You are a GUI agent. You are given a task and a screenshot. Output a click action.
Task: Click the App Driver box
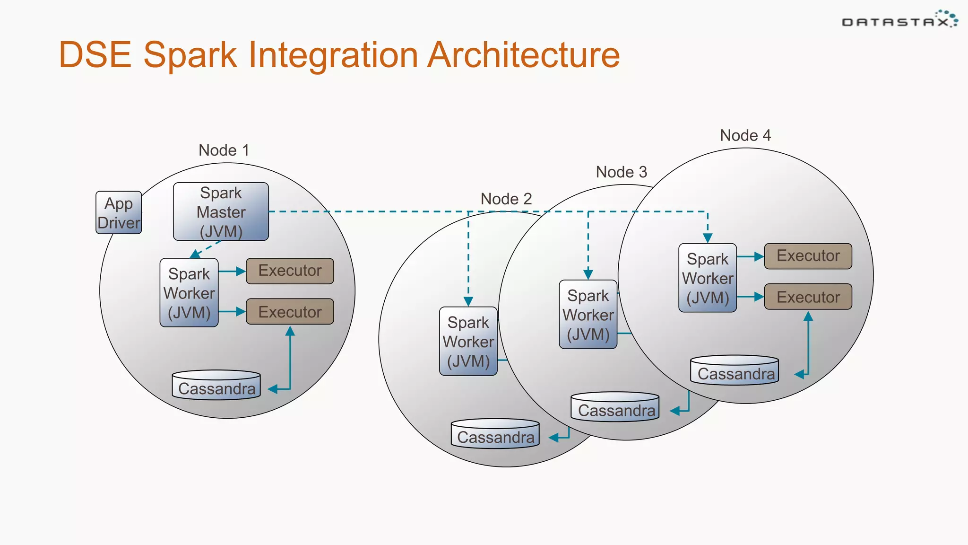[x=119, y=212]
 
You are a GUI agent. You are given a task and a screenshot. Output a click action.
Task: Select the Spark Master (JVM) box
[x=221, y=211]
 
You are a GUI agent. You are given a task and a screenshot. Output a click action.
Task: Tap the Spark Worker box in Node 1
[x=189, y=292]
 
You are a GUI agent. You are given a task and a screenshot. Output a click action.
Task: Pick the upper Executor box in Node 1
[x=290, y=271]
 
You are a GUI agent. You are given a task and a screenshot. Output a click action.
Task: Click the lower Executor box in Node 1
[x=290, y=311]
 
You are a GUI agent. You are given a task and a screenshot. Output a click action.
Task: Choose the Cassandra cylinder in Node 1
[x=216, y=386]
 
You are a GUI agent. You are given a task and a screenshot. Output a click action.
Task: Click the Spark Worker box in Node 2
[x=468, y=341]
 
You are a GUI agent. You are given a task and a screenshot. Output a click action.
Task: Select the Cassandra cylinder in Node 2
[x=495, y=434]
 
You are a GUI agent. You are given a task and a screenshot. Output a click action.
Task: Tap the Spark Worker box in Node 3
[x=588, y=314]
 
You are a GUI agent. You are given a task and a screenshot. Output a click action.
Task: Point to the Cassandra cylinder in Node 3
[x=615, y=407]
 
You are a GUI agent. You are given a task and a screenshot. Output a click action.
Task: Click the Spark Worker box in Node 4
[x=708, y=278]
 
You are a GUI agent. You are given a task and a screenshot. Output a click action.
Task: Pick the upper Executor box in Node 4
[x=808, y=256]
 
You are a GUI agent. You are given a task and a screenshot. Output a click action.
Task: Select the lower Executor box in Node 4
[x=808, y=297]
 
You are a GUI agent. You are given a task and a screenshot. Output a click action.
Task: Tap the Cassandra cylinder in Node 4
[x=735, y=371]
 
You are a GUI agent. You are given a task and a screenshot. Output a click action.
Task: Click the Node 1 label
[x=224, y=150]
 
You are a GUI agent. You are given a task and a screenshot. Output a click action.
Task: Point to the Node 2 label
[x=506, y=199]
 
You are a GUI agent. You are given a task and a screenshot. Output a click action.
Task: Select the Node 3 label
[x=621, y=172]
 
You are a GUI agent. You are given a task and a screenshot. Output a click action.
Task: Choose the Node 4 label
[x=745, y=135]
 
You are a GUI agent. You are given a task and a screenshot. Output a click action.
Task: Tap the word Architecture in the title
[x=524, y=55]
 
